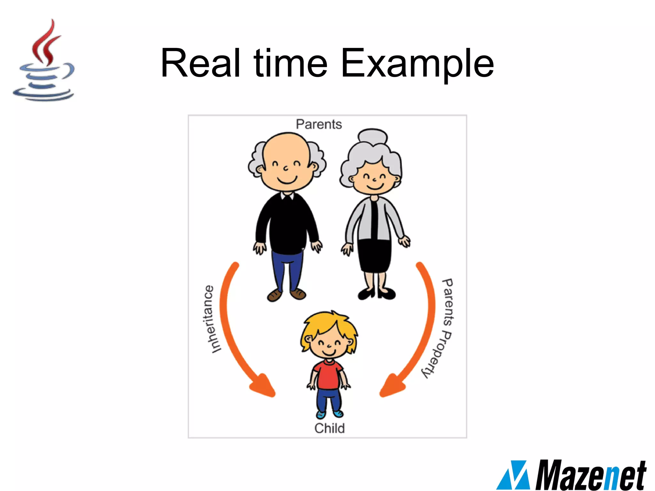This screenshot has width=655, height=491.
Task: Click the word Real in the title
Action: [200, 63]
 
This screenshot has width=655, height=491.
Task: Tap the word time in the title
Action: [290, 63]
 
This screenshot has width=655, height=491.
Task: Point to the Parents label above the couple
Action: [319, 124]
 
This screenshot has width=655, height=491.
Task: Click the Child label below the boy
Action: [329, 428]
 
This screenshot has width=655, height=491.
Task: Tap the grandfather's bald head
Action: [287, 147]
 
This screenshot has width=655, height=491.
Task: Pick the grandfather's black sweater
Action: [287, 224]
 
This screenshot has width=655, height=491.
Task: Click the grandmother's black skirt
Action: [375, 256]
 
